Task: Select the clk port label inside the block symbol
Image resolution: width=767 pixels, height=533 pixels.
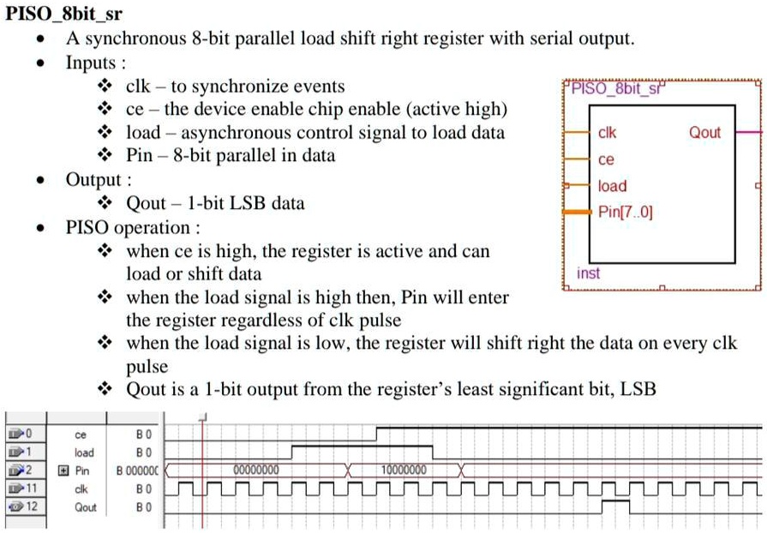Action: coord(606,133)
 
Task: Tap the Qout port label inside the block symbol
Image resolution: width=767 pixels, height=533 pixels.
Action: coord(704,133)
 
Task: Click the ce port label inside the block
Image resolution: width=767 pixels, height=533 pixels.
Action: coord(606,159)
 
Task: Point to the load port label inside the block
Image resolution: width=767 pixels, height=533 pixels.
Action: coord(612,186)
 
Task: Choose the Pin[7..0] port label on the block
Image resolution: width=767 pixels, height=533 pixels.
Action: coord(626,212)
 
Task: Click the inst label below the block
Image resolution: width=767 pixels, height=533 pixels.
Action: coord(588,273)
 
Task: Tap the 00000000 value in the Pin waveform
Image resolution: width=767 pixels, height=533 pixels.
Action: coord(256,470)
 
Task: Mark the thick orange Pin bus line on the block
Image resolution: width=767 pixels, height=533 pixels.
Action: coord(578,212)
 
